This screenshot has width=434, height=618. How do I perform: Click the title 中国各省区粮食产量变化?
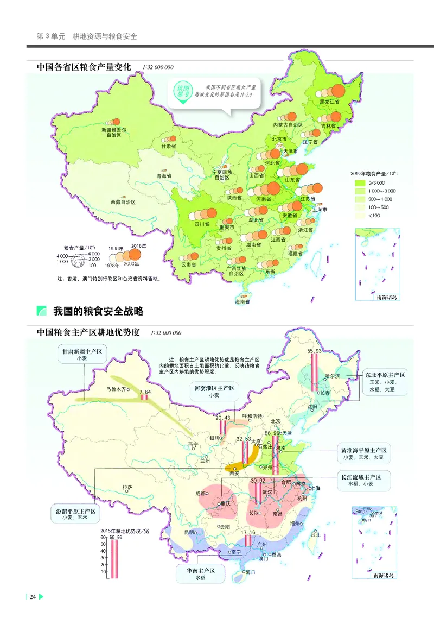(x=84, y=67)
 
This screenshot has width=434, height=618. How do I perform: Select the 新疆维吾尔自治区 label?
(x=114, y=133)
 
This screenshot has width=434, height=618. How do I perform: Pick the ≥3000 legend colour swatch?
(x=359, y=183)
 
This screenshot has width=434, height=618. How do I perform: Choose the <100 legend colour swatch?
(x=359, y=215)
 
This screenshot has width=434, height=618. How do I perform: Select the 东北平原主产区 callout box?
(x=385, y=382)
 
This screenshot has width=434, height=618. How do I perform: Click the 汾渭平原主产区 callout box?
(x=75, y=515)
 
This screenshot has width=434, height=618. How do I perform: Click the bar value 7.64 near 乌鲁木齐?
(x=145, y=392)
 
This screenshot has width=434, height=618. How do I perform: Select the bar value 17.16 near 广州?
(x=248, y=532)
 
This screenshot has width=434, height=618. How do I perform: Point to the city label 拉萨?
(x=127, y=487)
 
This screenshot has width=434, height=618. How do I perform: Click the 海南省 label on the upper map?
(x=242, y=301)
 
